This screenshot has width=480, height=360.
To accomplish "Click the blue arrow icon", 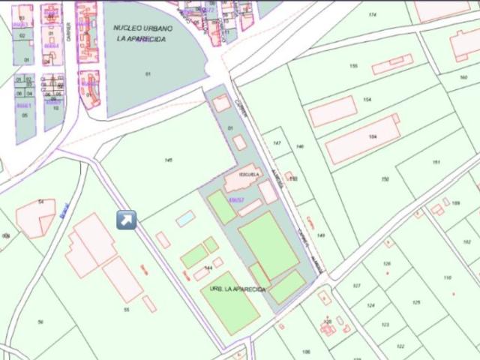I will pos(127,220).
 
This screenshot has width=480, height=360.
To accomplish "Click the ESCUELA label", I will pos(249,174).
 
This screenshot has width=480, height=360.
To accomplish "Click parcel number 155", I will pos(353,67).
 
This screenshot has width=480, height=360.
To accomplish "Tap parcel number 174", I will pos(372,15).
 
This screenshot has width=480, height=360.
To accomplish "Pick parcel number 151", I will pos(436,163).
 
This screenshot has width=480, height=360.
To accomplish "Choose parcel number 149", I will pos(320,235).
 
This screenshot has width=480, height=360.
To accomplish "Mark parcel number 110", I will pos(448,277).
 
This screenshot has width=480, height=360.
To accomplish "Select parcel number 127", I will pos(356,286).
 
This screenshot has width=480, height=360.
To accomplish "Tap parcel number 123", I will pos(385,324).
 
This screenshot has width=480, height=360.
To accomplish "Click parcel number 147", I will pos(277,142).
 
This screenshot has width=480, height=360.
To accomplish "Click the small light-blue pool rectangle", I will pos(184,218).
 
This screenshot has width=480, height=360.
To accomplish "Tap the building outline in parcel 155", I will pos(392,65).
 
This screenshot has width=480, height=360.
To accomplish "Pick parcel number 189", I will pos(455,202).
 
